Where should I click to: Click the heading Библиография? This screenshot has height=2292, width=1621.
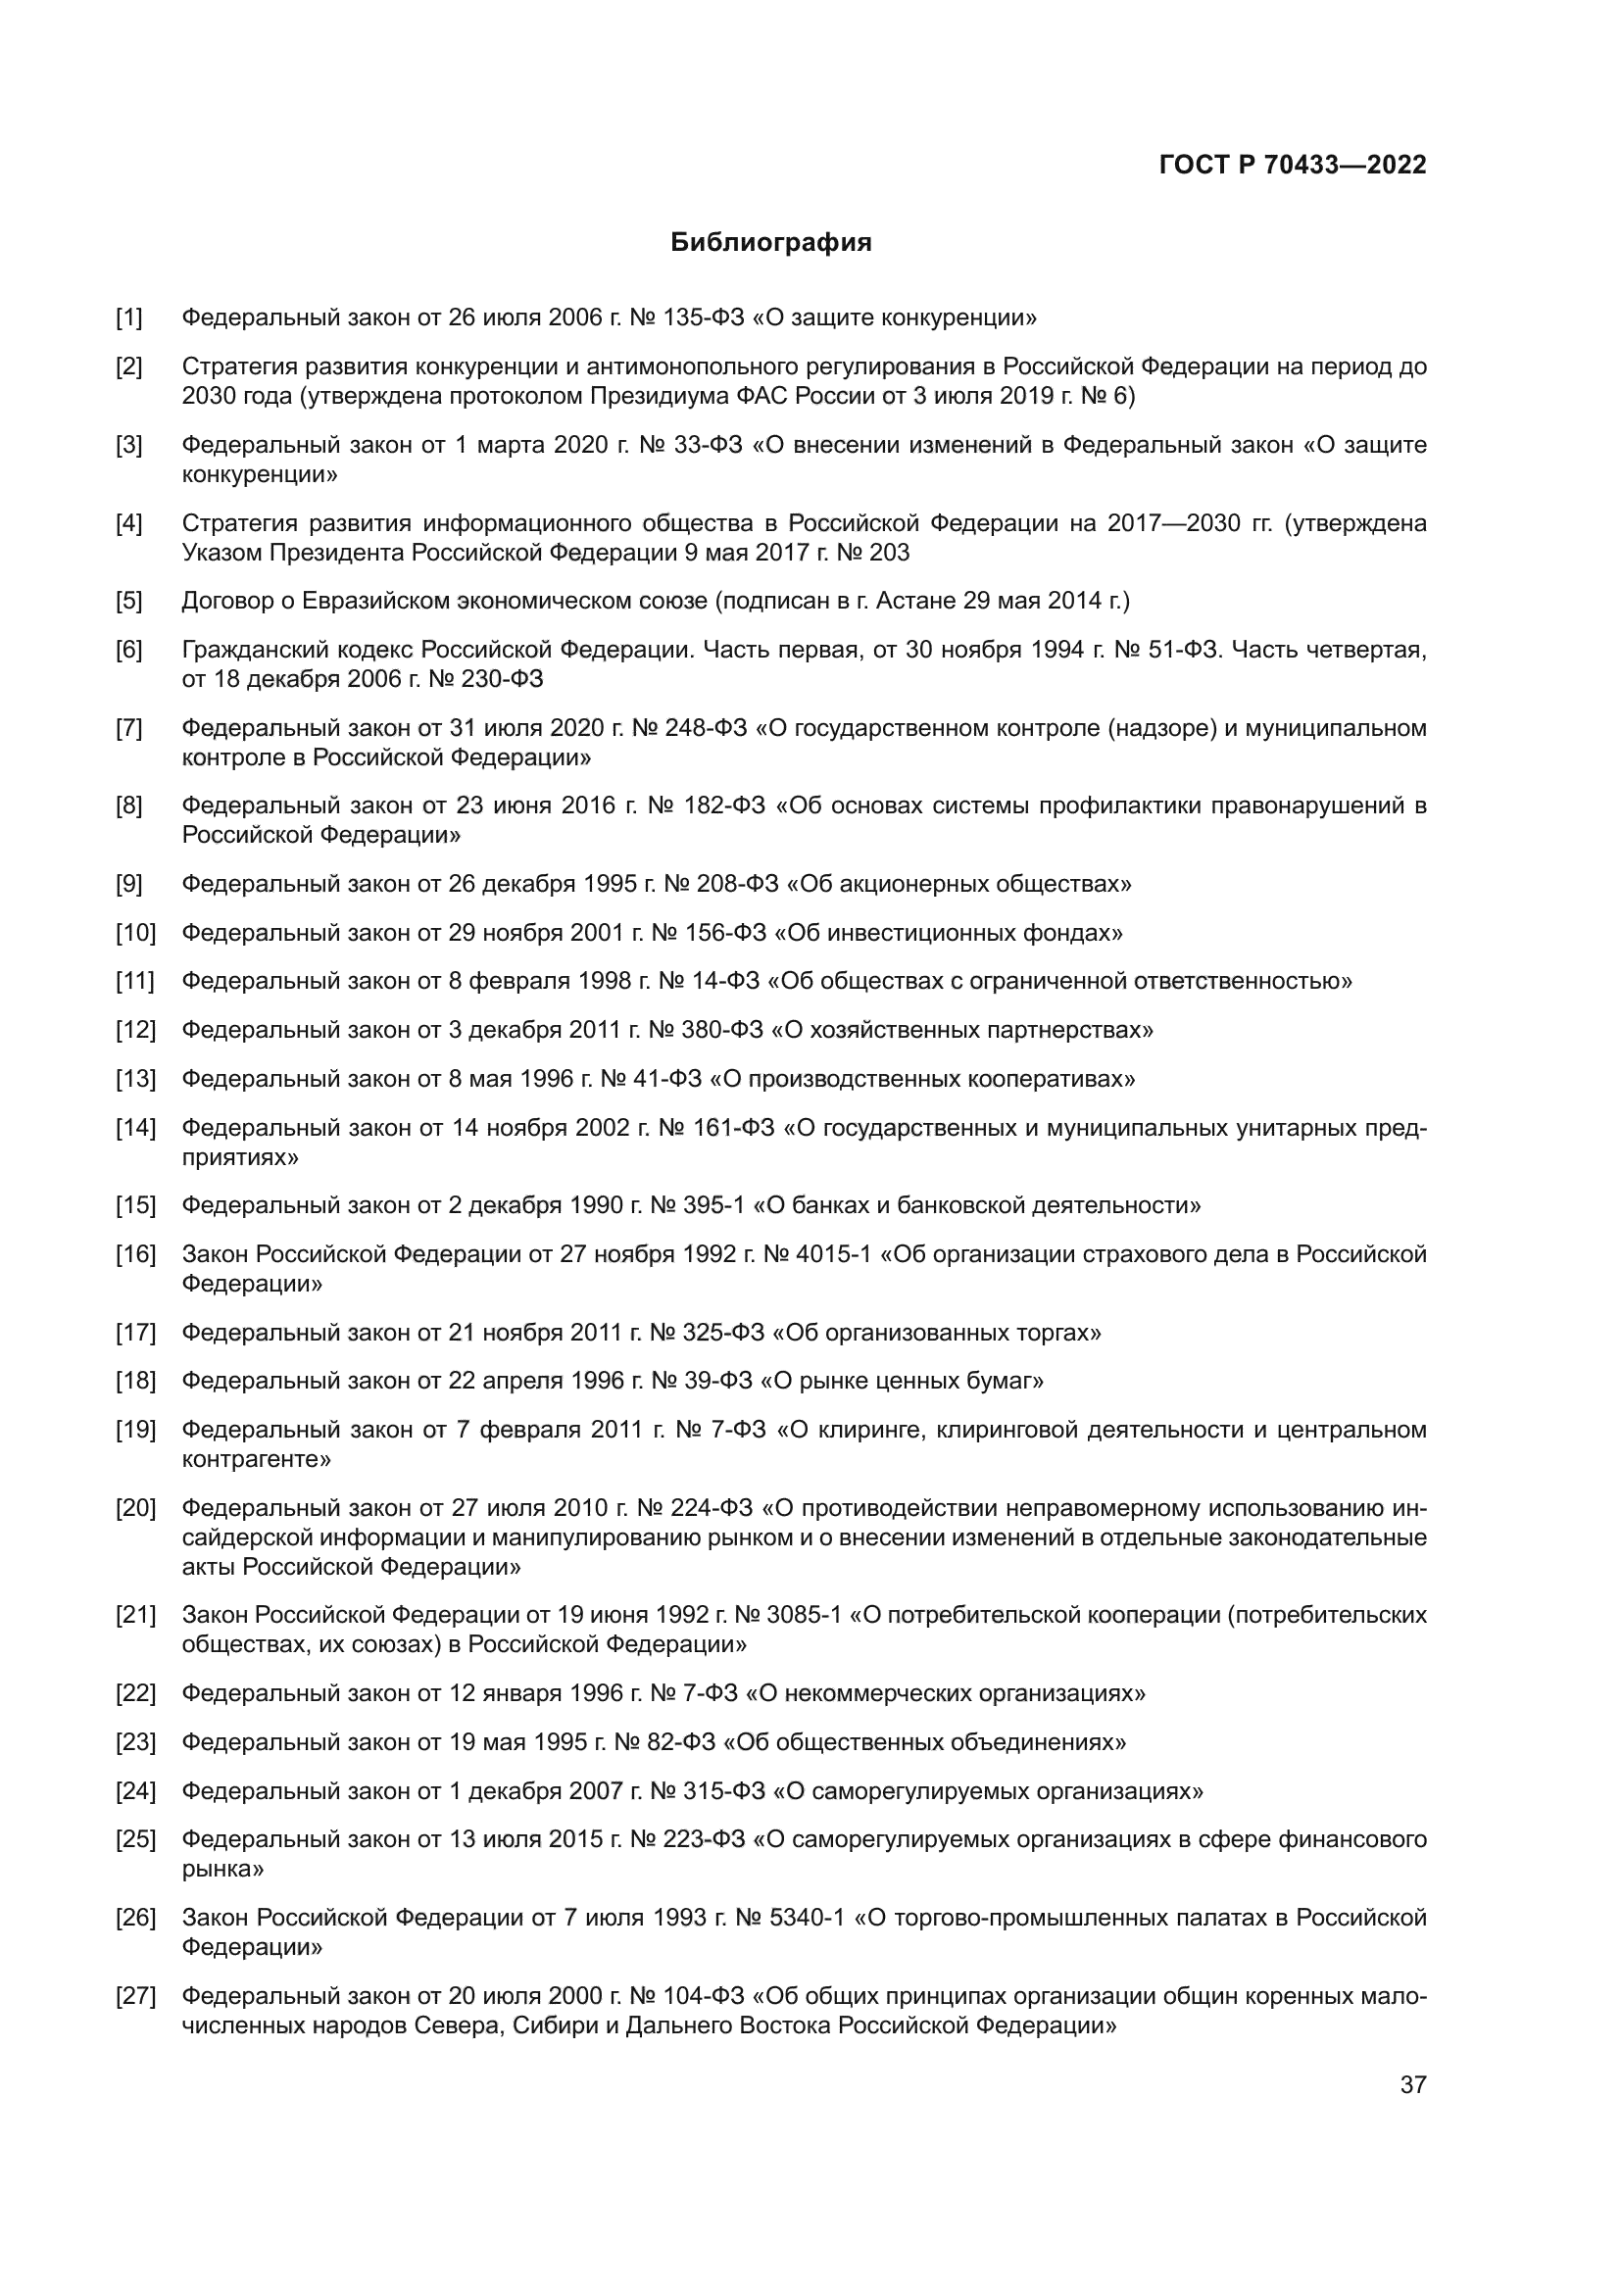point(770,243)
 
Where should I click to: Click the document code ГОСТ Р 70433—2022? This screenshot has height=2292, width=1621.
point(1293,166)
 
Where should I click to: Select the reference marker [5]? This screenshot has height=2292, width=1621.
point(128,601)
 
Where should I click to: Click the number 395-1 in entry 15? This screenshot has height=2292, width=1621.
point(713,1206)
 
